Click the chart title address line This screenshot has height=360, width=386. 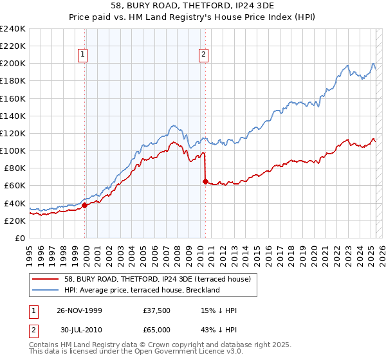coord(192,5)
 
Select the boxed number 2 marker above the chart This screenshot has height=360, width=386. coord(203,55)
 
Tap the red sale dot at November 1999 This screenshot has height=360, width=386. coord(85,205)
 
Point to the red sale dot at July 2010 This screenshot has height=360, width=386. coord(205,181)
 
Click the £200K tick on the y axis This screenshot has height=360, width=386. coord(13,64)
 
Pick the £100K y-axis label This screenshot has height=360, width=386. coord(13,150)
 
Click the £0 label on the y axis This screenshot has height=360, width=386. coord(19,238)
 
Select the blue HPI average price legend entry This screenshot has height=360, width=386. coord(142,290)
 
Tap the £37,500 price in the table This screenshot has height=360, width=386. coord(157,310)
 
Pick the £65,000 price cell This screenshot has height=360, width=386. coord(157,330)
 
